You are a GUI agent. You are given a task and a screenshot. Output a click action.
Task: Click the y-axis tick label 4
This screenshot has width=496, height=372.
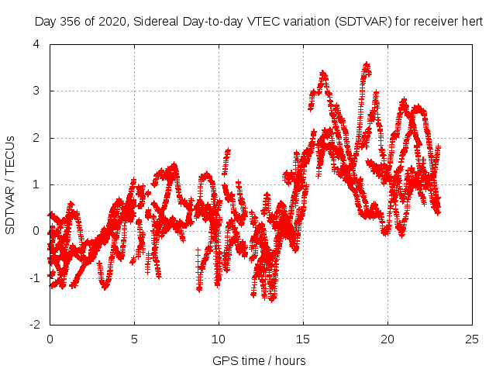[x=36, y=44]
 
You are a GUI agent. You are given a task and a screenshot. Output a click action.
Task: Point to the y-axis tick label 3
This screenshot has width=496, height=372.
[x=36, y=91]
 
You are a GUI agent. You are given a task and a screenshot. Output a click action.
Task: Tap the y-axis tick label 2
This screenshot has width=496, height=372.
[x=36, y=138]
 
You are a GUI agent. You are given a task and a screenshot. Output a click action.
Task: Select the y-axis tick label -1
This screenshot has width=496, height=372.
[x=34, y=277]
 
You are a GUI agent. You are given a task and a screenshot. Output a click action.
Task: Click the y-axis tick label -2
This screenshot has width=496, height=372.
[x=34, y=324]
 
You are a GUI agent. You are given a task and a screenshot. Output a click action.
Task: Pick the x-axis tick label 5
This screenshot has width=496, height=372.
[x=134, y=339]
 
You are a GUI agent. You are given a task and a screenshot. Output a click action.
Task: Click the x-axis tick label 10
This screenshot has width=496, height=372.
[x=219, y=339]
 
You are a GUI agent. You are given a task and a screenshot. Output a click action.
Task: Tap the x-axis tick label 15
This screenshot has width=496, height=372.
[x=303, y=339]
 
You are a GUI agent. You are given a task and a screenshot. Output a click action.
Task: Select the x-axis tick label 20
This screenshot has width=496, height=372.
[x=387, y=339]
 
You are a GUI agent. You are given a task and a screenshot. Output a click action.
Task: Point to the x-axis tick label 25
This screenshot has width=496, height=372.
[x=472, y=339]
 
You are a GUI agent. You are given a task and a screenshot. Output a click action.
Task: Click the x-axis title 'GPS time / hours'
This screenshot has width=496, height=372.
[x=260, y=360]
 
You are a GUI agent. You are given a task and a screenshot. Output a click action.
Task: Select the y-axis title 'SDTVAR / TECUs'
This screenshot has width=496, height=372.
[x=11, y=184]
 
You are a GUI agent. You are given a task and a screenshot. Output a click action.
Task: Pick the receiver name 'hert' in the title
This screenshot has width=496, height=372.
[x=472, y=22]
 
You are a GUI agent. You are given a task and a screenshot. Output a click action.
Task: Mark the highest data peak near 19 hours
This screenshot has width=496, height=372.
[x=367, y=65]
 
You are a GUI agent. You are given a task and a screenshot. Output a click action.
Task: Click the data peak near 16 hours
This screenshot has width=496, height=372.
[x=323, y=74]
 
